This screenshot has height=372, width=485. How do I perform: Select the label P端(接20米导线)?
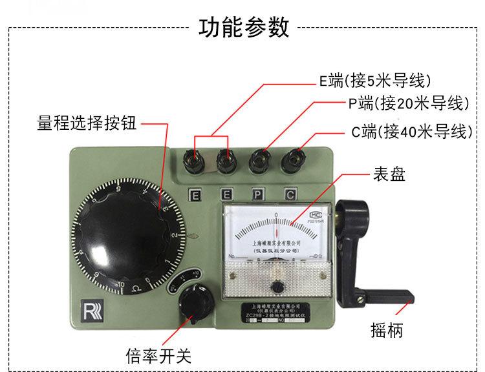[x=405, y=103]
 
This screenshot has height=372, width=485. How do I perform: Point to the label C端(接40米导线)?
[x=409, y=132]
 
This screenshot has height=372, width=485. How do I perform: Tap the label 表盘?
[x=389, y=174]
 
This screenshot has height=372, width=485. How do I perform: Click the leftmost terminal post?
[x=193, y=157]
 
